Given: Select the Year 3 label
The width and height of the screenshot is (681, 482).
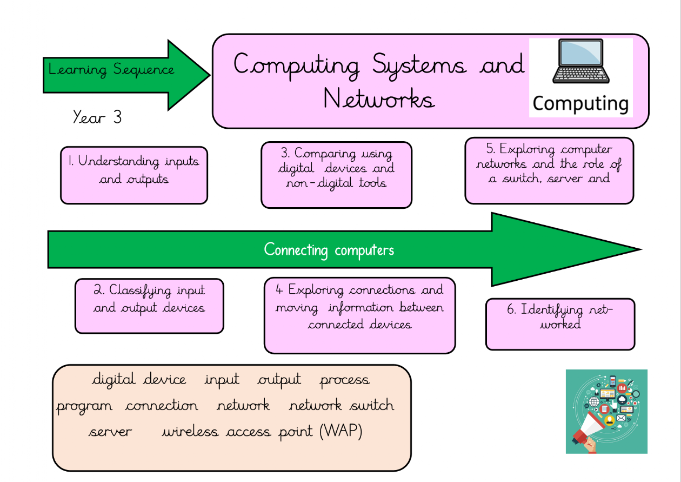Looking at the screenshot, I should [x=97, y=117].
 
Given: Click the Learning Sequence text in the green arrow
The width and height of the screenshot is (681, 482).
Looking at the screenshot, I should [x=111, y=70].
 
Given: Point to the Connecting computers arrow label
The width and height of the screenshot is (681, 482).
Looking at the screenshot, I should [x=329, y=250].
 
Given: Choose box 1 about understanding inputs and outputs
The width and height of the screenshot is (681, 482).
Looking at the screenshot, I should [x=134, y=175].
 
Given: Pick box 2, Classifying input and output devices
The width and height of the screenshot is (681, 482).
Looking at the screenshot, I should [x=149, y=306].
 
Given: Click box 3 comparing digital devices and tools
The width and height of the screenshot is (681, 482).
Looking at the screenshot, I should [x=336, y=175].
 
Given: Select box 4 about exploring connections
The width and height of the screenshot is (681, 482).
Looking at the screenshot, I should [x=359, y=314].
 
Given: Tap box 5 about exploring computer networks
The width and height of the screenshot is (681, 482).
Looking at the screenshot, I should [x=549, y=170].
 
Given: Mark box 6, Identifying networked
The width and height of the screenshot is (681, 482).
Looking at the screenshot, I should [x=560, y=323].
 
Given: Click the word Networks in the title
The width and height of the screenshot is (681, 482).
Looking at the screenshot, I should [x=379, y=100].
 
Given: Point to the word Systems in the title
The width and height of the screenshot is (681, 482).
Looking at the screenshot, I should [x=419, y=65].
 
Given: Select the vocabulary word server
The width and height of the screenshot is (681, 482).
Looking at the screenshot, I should [x=110, y=432].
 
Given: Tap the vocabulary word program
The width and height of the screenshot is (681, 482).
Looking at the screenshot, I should [x=85, y=406].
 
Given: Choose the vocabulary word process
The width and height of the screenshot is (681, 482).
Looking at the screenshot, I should [x=345, y=380].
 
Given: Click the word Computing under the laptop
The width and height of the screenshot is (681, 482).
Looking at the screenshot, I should [x=580, y=103].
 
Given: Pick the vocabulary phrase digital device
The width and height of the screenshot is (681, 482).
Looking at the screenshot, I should [x=139, y=380].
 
